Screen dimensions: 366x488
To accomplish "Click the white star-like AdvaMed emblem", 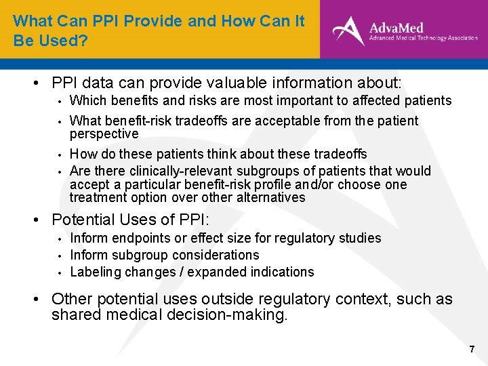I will click(x=348, y=30).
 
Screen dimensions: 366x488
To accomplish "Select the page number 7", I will click(x=472, y=350).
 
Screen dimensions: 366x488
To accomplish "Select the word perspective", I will click(x=104, y=134).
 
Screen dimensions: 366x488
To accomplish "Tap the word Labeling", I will click(x=94, y=272).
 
